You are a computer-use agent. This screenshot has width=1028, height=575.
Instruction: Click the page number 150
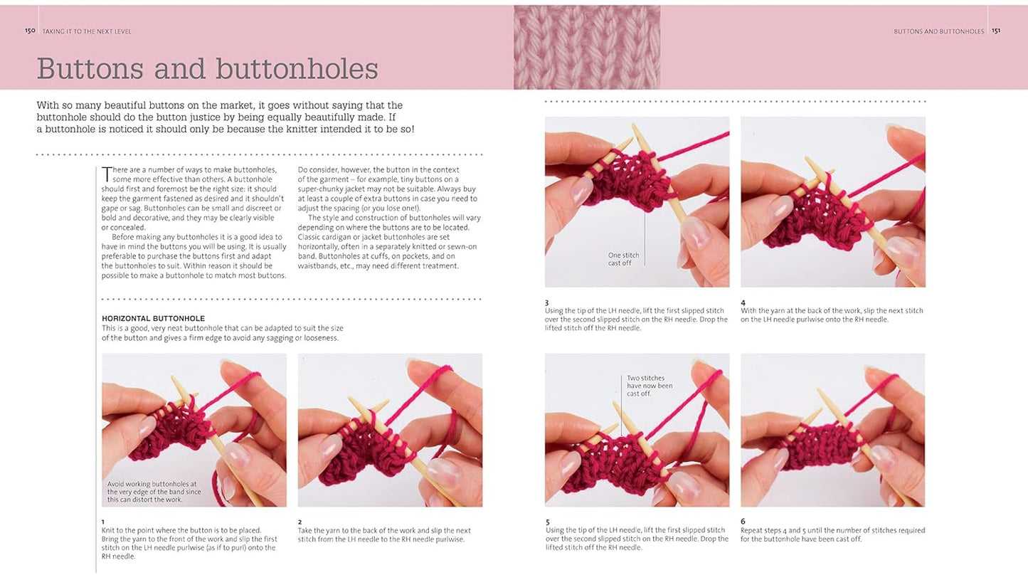pyautogui.click(x=30, y=31)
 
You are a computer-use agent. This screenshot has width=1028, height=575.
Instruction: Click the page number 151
pyautogui.click(x=996, y=31)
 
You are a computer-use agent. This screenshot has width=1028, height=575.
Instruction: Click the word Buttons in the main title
pyautogui.click(x=90, y=69)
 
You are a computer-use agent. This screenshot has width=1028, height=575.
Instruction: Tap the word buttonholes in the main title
pyautogui.click(x=297, y=69)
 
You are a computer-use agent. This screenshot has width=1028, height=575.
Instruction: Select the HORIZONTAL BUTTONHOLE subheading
pyautogui.click(x=153, y=319)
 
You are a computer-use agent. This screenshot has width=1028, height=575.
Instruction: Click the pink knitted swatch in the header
pyautogui.click(x=587, y=47)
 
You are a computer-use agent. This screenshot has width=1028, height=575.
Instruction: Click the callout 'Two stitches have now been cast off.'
pyautogui.click(x=650, y=386)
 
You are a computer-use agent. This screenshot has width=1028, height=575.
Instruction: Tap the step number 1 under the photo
pyautogui.click(x=102, y=522)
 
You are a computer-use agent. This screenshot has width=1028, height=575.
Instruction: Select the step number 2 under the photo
pyautogui.click(x=300, y=522)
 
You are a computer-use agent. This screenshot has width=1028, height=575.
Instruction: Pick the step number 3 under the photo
pyautogui.click(x=546, y=303)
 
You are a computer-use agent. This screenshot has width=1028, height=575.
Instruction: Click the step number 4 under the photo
pyautogui.click(x=743, y=303)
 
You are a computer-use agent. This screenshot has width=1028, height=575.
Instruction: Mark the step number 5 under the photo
pyautogui.click(x=548, y=522)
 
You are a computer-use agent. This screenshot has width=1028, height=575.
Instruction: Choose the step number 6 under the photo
pyautogui.click(x=743, y=522)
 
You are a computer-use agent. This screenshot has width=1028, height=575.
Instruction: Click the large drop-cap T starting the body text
pyautogui.click(x=106, y=174)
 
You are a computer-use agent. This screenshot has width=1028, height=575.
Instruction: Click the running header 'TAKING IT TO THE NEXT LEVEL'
pyautogui.click(x=87, y=31)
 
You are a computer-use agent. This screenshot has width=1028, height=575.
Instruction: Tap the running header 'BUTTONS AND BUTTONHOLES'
pyautogui.click(x=939, y=31)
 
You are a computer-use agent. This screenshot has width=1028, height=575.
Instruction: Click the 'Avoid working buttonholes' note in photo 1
pyautogui.click(x=154, y=492)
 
